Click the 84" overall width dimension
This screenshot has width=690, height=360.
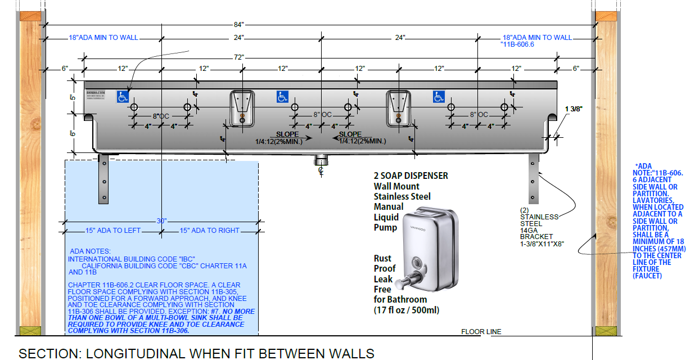238,24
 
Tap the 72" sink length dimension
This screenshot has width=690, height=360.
238,57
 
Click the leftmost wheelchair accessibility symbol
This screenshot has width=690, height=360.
123,97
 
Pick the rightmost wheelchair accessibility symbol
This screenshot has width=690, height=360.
439,97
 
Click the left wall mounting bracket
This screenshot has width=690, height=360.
103,178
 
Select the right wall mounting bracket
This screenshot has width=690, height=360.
533,178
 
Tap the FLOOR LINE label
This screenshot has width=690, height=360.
481,332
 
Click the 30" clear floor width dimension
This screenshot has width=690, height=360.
162,221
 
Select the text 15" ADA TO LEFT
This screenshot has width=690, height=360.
112,231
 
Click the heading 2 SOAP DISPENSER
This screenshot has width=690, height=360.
411,175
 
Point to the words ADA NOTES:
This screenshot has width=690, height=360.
91,251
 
